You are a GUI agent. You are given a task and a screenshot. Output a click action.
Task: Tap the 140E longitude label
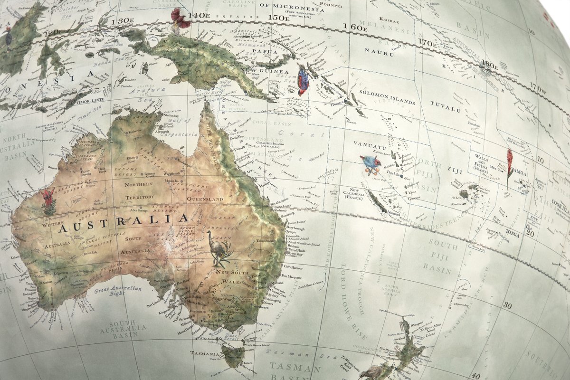(198, 15)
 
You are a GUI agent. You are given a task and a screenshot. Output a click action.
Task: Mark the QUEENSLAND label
(205, 199)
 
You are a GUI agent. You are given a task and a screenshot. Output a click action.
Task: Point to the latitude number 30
(507, 305)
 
